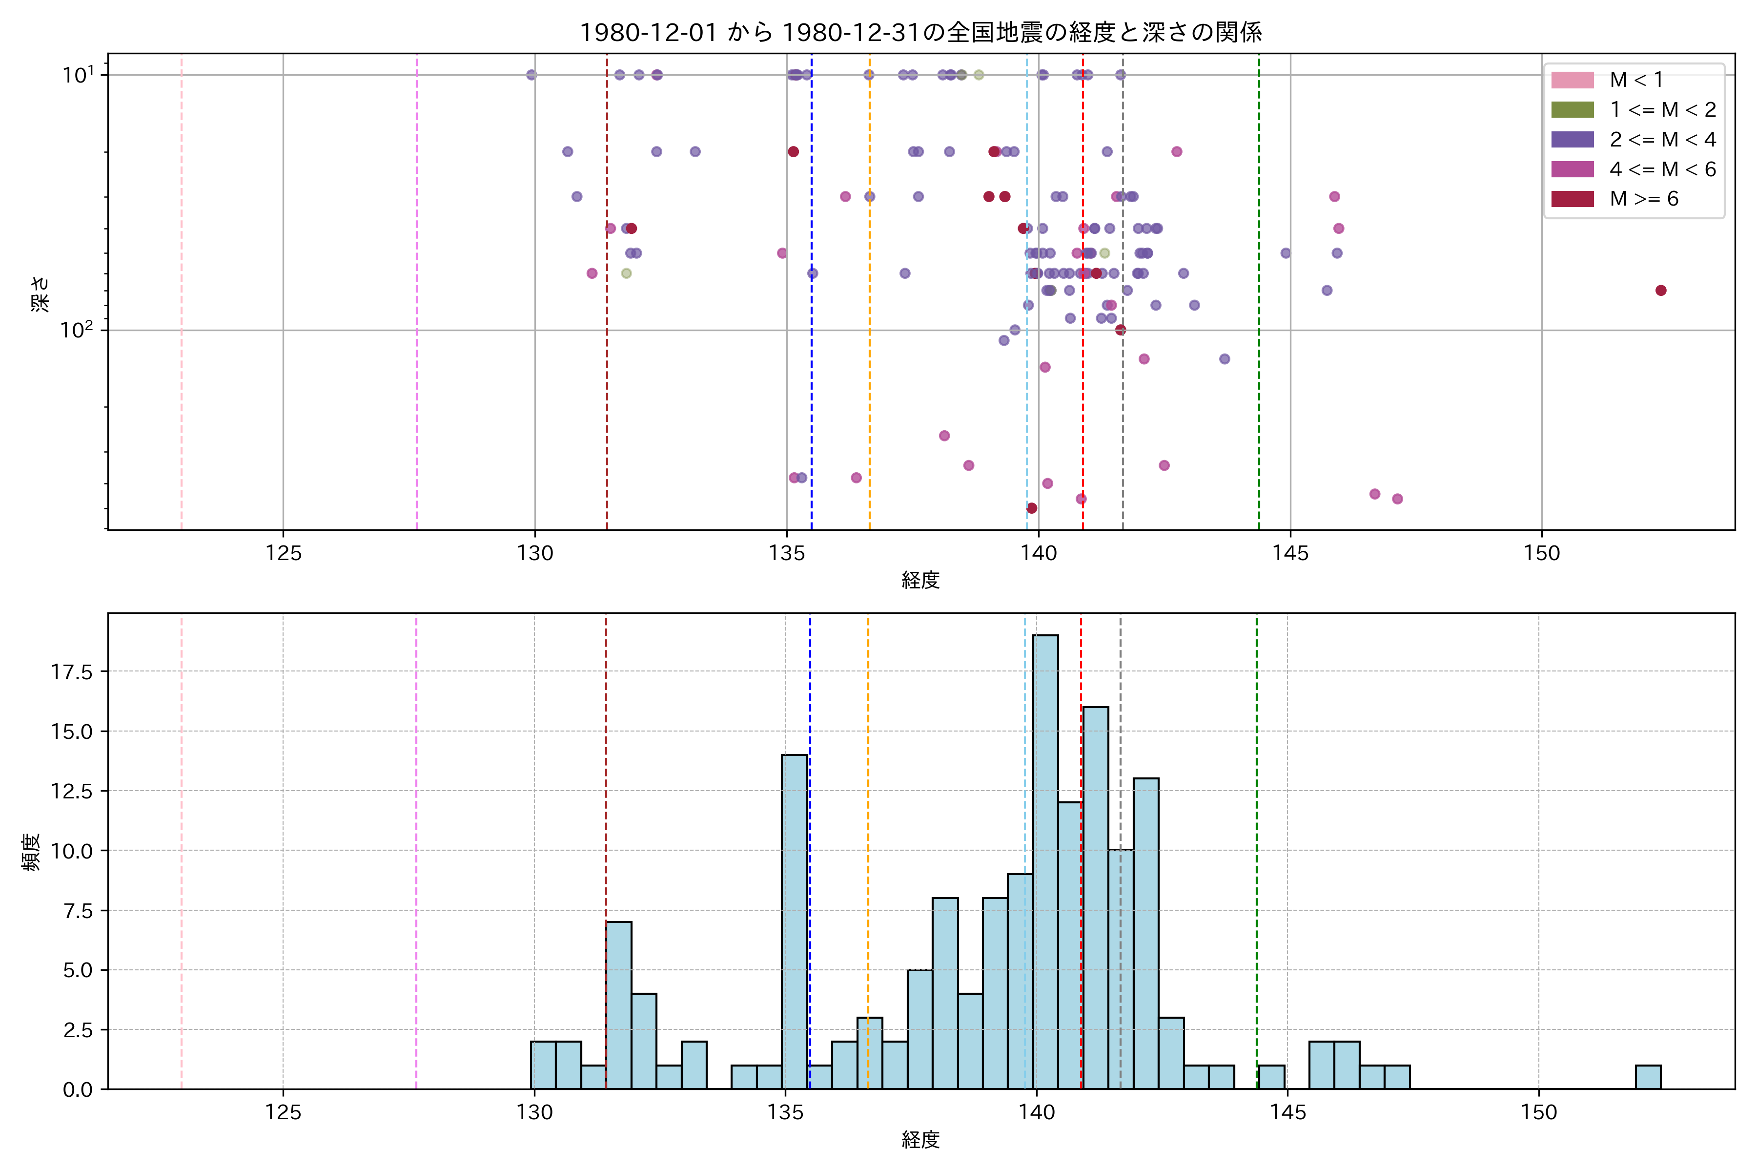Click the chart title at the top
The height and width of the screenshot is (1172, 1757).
pyautogui.click(x=920, y=32)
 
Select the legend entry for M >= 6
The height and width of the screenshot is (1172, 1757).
pyautogui.click(x=1643, y=199)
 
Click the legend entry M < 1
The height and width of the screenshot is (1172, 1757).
pyautogui.click(x=1636, y=80)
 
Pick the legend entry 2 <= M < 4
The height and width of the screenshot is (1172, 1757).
pyautogui.click(x=1662, y=140)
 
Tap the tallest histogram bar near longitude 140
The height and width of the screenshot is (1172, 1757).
pyautogui.click(x=1045, y=859)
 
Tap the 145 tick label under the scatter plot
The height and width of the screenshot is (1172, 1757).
pyautogui.click(x=1290, y=554)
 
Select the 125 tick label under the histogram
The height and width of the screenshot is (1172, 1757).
pyautogui.click(x=283, y=1113)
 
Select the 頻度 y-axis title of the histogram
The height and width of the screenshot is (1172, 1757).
pyautogui.click(x=31, y=852)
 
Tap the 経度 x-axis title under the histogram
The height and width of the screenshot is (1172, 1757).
pyautogui.click(x=920, y=1140)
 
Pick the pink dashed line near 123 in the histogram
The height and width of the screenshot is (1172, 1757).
pyautogui.click(x=182, y=852)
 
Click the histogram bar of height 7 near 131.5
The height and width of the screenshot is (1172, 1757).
pyautogui.click(x=618, y=1005)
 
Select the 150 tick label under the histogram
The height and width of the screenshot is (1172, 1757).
pyautogui.click(x=1538, y=1113)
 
